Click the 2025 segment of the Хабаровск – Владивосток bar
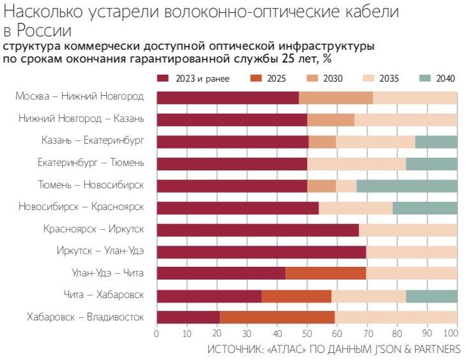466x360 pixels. [x=277, y=317]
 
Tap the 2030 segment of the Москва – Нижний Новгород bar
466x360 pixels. [x=336, y=98]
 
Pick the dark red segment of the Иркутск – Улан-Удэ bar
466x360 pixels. [x=261, y=251]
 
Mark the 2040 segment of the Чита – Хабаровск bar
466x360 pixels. [x=432, y=296]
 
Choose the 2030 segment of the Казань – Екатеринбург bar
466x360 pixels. [x=322, y=142]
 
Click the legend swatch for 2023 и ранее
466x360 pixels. [x=163, y=79]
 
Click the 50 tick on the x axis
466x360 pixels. [x=307, y=333]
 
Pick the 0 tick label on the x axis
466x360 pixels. [x=156, y=333]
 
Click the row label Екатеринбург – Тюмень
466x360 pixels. [x=91, y=163]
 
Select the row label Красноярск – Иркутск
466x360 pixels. [x=93, y=229]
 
